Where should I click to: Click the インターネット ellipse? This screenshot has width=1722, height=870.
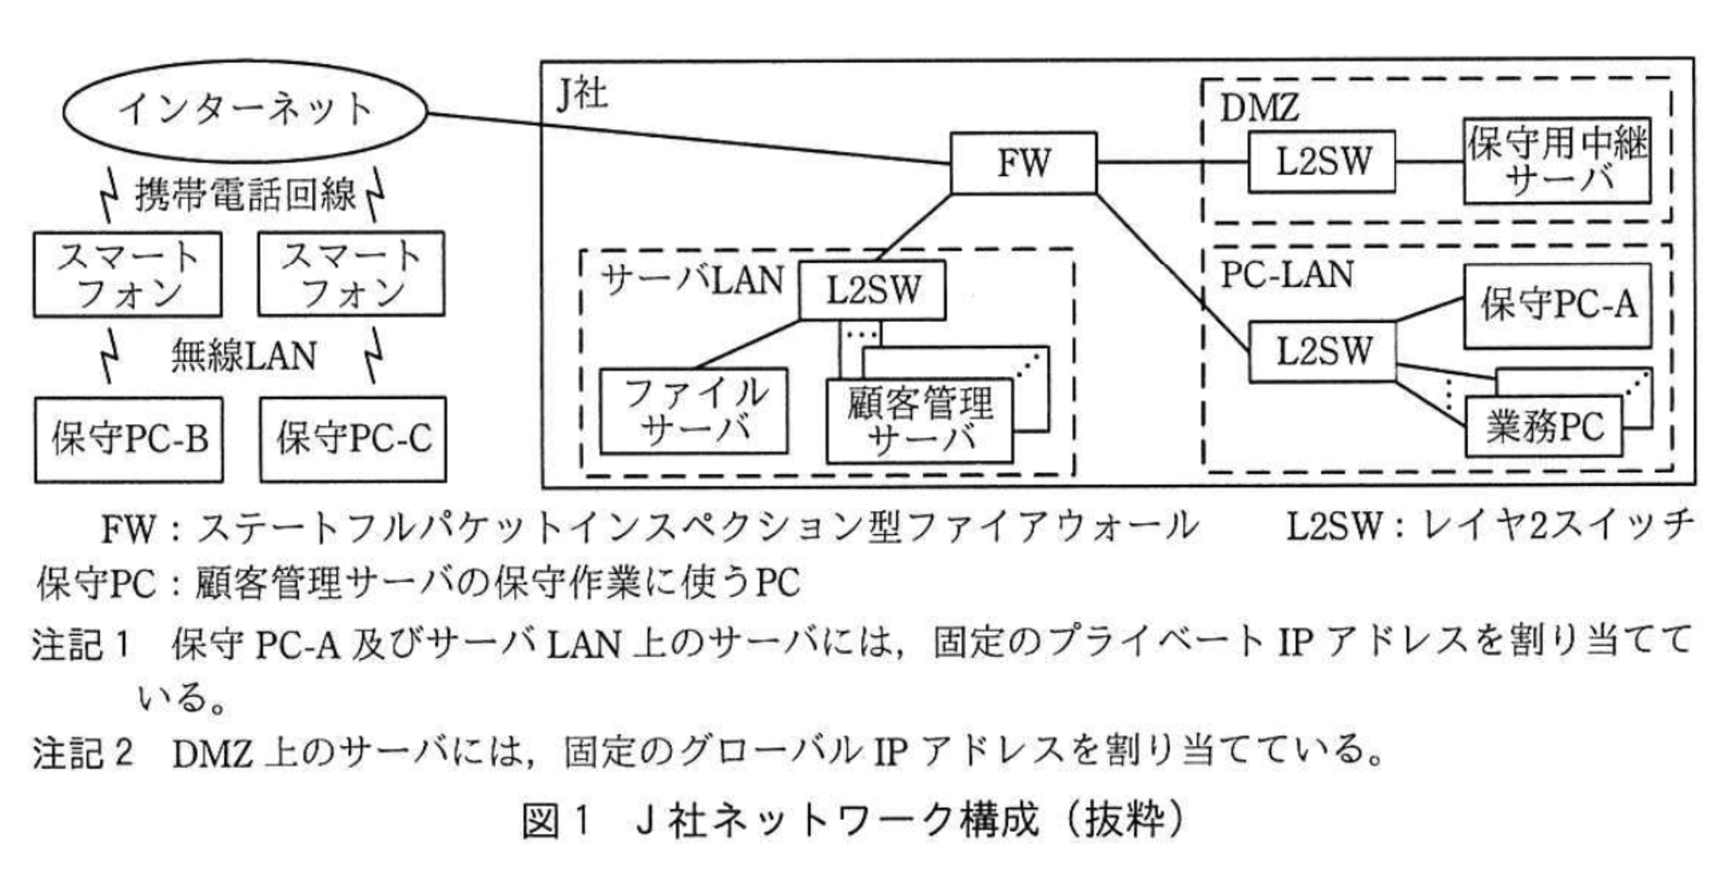(x=244, y=111)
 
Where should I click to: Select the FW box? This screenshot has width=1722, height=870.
(x=1023, y=163)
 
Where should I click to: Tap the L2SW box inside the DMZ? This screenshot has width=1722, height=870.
(x=1322, y=162)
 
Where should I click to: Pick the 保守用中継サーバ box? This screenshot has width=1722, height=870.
(x=1556, y=162)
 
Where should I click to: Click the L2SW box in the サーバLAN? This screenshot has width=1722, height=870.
(x=872, y=291)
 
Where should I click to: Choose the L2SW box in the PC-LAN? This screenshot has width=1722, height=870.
(x=1322, y=351)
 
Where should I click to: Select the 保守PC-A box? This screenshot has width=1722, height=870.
(x=1557, y=305)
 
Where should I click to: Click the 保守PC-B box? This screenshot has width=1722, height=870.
(x=128, y=440)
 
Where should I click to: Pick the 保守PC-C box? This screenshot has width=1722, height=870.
(x=353, y=440)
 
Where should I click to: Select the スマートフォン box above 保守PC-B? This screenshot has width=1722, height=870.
(x=128, y=274)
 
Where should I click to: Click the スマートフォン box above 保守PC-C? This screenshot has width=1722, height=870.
(x=351, y=274)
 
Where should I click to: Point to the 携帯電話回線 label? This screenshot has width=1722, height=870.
(x=245, y=194)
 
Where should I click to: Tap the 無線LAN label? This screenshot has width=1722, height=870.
(x=243, y=356)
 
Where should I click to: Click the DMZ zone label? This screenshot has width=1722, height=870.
(x=1258, y=108)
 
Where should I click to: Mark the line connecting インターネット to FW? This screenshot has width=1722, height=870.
(x=687, y=137)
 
